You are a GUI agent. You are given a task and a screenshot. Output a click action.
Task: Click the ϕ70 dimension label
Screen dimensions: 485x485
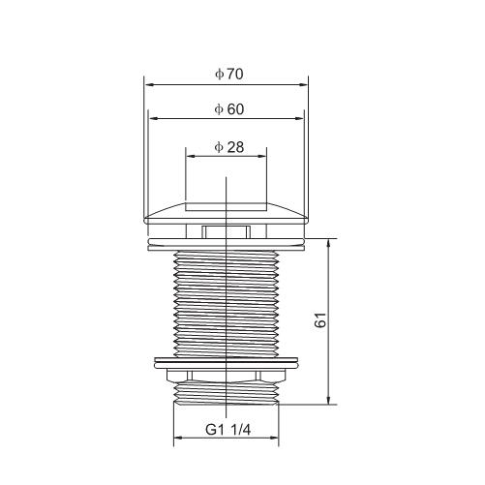[229, 75]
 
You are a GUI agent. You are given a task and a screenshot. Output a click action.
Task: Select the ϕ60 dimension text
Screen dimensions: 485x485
[229, 109]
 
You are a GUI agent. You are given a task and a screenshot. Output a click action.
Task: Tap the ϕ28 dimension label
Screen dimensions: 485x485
[229, 147]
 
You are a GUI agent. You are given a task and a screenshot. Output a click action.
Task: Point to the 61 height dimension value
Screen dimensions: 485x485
[320, 319]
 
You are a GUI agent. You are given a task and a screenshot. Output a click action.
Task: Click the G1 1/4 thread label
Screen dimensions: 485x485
[228, 430]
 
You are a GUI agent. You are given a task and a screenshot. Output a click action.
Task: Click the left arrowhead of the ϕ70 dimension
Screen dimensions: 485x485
[149, 85]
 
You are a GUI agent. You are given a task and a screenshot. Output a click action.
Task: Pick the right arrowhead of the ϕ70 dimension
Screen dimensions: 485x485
[303, 85]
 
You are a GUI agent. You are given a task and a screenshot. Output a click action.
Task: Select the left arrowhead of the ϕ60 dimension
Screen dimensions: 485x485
[153, 119]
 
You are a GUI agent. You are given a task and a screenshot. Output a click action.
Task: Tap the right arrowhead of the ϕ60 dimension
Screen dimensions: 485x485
[299, 119]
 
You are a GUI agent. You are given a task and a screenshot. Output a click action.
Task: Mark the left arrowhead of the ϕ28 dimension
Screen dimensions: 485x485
[191, 156]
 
